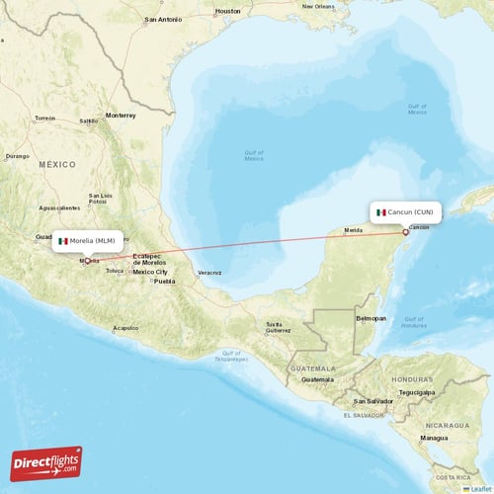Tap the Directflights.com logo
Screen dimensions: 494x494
click(x=47, y=462)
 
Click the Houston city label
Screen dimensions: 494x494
click(x=227, y=11)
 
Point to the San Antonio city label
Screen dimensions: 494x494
click(x=163, y=20)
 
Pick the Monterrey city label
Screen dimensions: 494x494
click(x=121, y=115)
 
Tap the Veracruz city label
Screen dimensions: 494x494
click(x=208, y=272)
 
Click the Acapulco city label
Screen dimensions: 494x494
click(x=125, y=327)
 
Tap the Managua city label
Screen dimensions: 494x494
click(x=433, y=437)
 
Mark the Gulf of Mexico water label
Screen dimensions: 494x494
click(x=254, y=156)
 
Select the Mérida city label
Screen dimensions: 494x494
click(x=353, y=230)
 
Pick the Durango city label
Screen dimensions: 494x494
click(x=18, y=155)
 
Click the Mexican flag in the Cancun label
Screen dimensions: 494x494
click(x=381, y=211)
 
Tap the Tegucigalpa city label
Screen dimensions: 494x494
click(x=415, y=392)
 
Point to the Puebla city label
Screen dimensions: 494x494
click(x=163, y=281)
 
